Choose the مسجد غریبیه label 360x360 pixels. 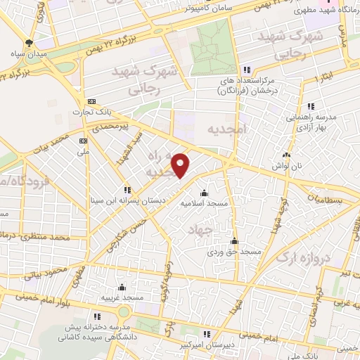122,297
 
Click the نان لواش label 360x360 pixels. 286,165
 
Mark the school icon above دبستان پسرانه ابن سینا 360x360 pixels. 127,189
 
